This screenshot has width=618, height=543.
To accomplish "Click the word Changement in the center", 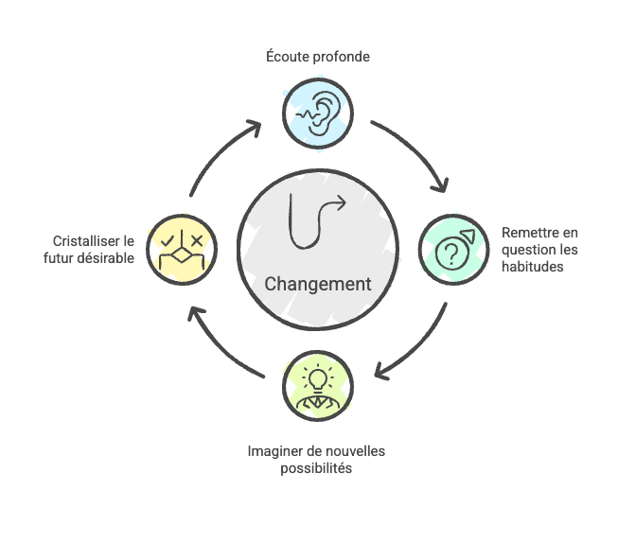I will point(317,285).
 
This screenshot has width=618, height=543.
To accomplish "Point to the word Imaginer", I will point(274,451).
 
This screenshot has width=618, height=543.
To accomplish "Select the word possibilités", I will point(317,468).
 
